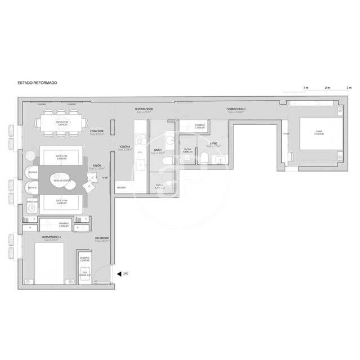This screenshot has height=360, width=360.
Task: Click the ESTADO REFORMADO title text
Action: click(x=37, y=83)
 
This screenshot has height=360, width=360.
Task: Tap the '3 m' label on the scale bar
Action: click(x=348, y=88)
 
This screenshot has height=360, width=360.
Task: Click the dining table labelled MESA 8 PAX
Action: click(x=62, y=123)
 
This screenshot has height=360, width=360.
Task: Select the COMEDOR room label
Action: click(x=97, y=132)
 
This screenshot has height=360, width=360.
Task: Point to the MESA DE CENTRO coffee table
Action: click(x=62, y=180)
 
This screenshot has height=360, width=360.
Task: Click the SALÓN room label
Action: click(x=97, y=166)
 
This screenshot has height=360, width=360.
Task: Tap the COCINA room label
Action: click(x=126, y=148)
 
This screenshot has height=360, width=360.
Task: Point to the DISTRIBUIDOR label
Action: click(x=143, y=109)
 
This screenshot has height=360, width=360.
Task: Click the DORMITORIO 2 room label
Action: click(x=236, y=109)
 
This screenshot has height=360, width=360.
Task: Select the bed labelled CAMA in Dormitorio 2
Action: click(x=319, y=133)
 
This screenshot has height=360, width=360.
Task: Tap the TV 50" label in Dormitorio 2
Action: click(x=286, y=134)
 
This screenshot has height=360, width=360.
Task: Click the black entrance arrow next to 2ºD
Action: click(x=119, y=274)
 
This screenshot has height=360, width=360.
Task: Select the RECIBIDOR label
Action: click(x=101, y=238)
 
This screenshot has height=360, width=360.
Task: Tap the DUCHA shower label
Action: click(x=188, y=150)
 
